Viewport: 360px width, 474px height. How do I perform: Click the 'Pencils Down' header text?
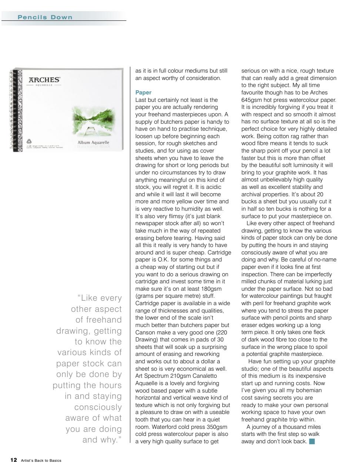pos(45,17)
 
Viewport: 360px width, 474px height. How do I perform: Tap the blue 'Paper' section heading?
pos(143,93)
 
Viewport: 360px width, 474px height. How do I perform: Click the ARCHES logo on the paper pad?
pos(44,80)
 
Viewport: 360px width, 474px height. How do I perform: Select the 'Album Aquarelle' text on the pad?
pos(93,143)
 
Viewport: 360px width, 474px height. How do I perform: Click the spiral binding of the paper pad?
pos(15,110)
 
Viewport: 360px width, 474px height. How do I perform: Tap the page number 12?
pos(13,460)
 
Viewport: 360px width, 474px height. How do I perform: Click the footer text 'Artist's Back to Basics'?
pos(41,461)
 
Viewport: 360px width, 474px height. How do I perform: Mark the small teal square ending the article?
pos(312,441)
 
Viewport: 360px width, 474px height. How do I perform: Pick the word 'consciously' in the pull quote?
pos(98,407)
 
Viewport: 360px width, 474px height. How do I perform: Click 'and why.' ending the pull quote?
pos(102,440)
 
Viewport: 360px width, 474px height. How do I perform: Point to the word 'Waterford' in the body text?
pos(164,427)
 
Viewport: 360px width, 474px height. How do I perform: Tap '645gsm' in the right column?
pos(251,100)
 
